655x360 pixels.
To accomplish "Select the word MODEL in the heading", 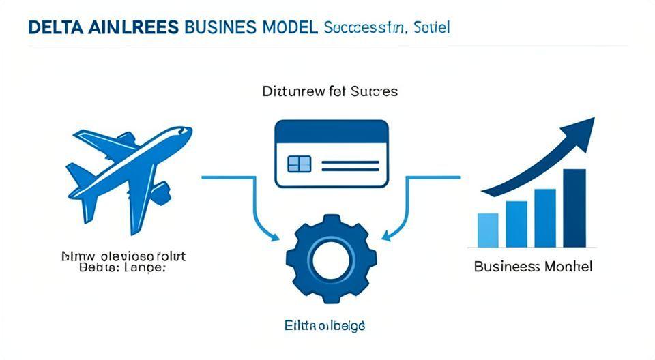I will point(289,29).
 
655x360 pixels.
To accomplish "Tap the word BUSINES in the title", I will point(222,29).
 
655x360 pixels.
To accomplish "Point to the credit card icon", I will point(331,153).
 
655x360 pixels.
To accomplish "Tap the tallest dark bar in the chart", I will point(575,207).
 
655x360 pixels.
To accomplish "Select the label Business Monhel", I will point(533,266).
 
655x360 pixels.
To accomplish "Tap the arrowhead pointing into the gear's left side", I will point(276,237).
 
